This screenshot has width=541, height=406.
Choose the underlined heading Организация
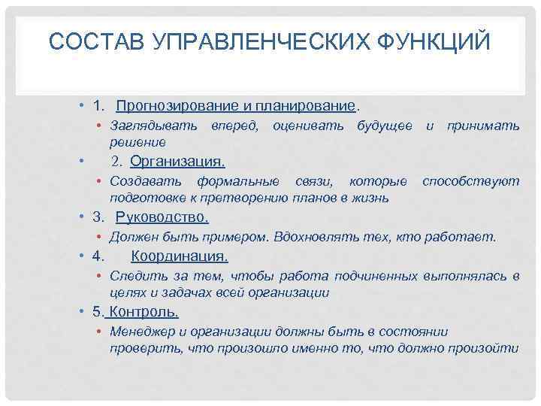(177, 162)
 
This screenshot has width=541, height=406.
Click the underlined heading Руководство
(162, 218)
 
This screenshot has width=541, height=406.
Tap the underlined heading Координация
(179, 256)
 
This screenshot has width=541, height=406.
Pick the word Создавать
(146, 181)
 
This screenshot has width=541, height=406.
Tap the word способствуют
(470, 181)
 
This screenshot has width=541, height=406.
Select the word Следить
(135, 276)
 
